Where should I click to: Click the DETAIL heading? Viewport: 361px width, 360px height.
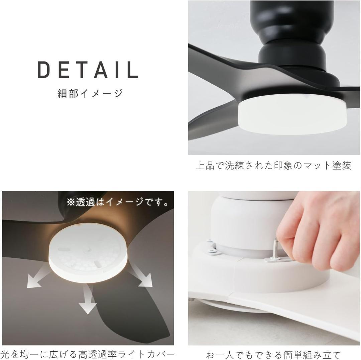point(88,70)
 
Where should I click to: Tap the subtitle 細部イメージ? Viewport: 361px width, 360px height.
point(90,93)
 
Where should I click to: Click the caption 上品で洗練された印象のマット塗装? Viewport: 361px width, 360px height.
point(274,165)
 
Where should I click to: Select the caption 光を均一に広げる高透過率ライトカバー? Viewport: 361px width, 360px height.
point(88,354)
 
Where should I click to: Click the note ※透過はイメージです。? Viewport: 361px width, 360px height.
point(117,202)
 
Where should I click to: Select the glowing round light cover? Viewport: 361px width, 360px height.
point(88,255)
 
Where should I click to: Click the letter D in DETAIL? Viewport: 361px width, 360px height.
point(44,70)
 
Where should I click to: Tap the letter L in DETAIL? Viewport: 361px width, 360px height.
point(133,70)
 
